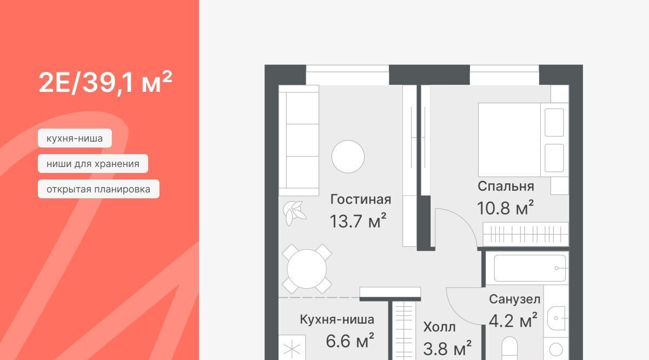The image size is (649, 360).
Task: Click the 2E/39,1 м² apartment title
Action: pyautogui.click(x=105, y=82)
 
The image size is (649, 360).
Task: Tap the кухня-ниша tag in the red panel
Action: pyautogui.click(x=75, y=138)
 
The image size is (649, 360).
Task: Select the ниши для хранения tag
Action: pyautogui.click(x=93, y=164)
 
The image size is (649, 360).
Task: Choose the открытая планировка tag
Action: pyautogui.click(x=98, y=189)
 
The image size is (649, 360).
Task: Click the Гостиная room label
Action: pyautogui.click(x=361, y=199)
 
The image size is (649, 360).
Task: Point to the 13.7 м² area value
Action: pyautogui.click(x=358, y=221)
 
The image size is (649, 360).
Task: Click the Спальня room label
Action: pyautogui.click(x=506, y=187)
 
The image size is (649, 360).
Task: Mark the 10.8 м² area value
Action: pyautogui.click(x=505, y=208)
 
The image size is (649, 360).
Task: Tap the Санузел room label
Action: pyautogui.click(x=514, y=299)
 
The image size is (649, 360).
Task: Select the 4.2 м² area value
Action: pyautogui.click(x=513, y=321)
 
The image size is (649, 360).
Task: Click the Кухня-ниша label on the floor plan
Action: pyautogui.click(x=337, y=319)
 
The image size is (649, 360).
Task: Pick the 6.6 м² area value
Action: pyautogui.click(x=350, y=341)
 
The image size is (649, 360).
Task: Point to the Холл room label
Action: pyautogui.click(x=440, y=327)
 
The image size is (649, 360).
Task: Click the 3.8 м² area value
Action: pyautogui.click(x=447, y=348)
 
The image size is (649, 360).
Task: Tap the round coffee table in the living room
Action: pyautogui.click(x=348, y=157)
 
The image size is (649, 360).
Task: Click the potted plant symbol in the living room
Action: pyautogui.click(x=294, y=214)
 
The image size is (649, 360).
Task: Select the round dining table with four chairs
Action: pyautogui.click(x=307, y=269)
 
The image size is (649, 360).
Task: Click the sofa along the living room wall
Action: pyautogui.click(x=299, y=140)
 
